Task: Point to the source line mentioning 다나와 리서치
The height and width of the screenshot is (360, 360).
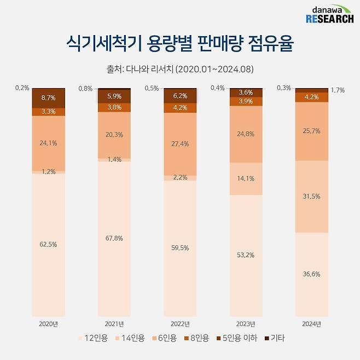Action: point(180,69)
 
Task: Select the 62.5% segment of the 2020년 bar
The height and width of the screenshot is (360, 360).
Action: point(49,245)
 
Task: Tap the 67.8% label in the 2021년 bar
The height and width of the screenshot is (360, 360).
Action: point(114,238)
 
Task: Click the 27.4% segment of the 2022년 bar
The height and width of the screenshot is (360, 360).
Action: point(180,143)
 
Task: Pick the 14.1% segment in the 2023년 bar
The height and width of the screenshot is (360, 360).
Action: point(246,178)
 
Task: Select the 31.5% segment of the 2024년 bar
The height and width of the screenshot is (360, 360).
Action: point(311,196)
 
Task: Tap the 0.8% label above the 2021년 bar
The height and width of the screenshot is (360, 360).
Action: point(85,89)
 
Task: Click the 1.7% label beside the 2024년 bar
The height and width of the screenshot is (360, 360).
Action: point(338,90)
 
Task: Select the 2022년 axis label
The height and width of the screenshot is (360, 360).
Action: point(180,323)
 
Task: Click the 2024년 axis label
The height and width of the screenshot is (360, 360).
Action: point(311,323)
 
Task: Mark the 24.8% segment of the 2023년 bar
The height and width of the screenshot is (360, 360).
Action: point(246,133)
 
